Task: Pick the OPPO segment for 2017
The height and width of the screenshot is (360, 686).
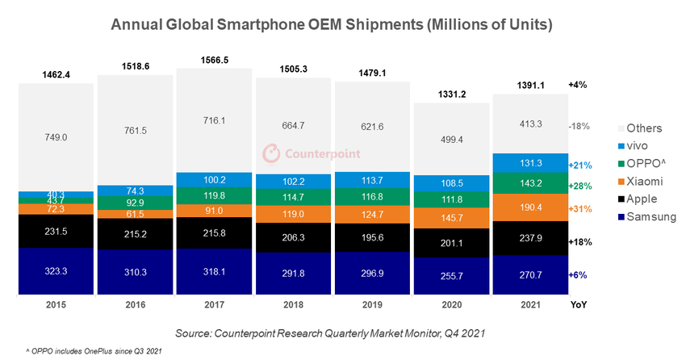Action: [214, 195]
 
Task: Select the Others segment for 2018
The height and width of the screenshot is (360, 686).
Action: [293, 124]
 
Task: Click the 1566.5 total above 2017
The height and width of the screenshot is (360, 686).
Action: [214, 60]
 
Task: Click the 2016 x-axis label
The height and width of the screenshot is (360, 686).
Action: [135, 305]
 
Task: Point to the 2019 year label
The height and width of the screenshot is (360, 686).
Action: [372, 305]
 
